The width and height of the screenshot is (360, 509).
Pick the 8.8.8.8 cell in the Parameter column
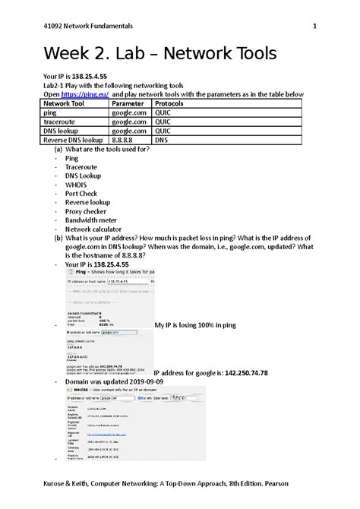tap(122, 138)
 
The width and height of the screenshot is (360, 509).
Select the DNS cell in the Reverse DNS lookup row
tap(162, 138)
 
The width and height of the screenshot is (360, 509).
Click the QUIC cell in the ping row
tap(165, 112)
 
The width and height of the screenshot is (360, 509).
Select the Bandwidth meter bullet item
tap(93, 220)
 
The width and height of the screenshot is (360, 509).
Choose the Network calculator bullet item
tap(96, 229)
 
